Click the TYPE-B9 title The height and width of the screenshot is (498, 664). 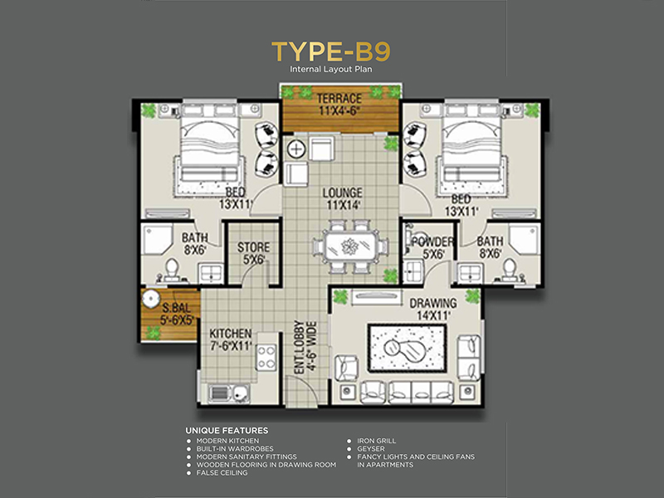pyautogui.click(x=330, y=51)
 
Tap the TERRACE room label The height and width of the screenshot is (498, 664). pyautogui.click(x=339, y=99)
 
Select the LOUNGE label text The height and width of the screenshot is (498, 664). pyautogui.click(x=342, y=193)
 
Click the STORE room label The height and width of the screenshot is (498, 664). pyautogui.click(x=253, y=247)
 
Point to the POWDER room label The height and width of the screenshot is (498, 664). pyautogui.click(x=432, y=242)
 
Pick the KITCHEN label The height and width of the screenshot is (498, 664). pyautogui.click(x=231, y=334)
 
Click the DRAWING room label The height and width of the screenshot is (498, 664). pyautogui.click(x=433, y=303)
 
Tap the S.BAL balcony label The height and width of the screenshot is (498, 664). pyautogui.click(x=177, y=308)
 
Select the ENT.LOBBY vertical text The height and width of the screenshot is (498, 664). pyautogui.click(x=300, y=347)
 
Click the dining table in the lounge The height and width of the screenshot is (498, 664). pyautogui.click(x=350, y=246)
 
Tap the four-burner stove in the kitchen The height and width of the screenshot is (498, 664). pyautogui.click(x=266, y=358)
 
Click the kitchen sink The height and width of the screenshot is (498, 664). pyautogui.click(x=229, y=393)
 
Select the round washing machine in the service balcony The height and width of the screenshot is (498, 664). pyautogui.click(x=150, y=299)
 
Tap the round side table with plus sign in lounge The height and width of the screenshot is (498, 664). pyautogui.click(x=296, y=149)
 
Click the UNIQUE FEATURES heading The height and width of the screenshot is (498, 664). pyautogui.click(x=227, y=431)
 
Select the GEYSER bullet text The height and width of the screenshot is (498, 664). pyautogui.click(x=371, y=449)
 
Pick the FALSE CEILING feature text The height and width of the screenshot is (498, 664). pyautogui.click(x=222, y=473)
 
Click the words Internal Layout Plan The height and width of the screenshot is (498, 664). pyautogui.click(x=331, y=69)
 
